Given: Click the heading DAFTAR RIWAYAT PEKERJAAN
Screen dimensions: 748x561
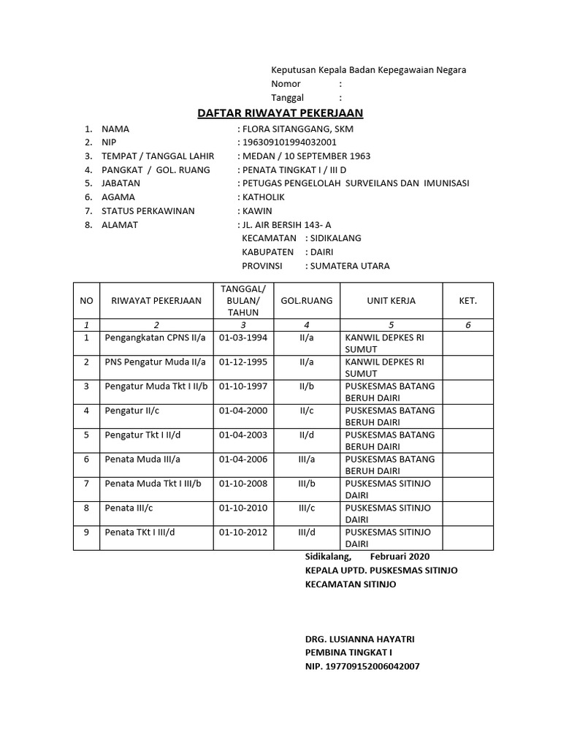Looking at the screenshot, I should pyautogui.click(x=280, y=113).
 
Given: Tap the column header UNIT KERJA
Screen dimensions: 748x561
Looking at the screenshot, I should pyautogui.click(x=391, y=301).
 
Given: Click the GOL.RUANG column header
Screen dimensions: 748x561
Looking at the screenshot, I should pyautogui.click(x=307, y=301).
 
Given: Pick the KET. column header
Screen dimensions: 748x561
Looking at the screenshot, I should pyautogui.click(x=467, y=301).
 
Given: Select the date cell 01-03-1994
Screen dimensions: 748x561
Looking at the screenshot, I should pyautogui.click(x=243, y=338).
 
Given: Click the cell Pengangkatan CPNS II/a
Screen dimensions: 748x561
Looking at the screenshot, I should pyautogui.click(x=156, y=338).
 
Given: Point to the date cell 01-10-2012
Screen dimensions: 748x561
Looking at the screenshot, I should pyautogui.click(x=243, y=533).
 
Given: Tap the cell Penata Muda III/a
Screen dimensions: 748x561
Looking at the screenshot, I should pyautogui.click(x=142, y=459).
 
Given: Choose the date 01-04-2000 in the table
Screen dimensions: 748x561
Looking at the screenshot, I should pyautogui.click(x=243, y=411).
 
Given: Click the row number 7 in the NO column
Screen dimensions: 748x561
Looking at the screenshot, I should pyautogui.click(x=86, y=484).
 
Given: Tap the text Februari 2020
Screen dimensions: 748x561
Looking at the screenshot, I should pyautogui.click(x=400, y=557).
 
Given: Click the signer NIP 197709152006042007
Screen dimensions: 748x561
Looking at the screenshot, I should pyautogui.click(x=362, y=666).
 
